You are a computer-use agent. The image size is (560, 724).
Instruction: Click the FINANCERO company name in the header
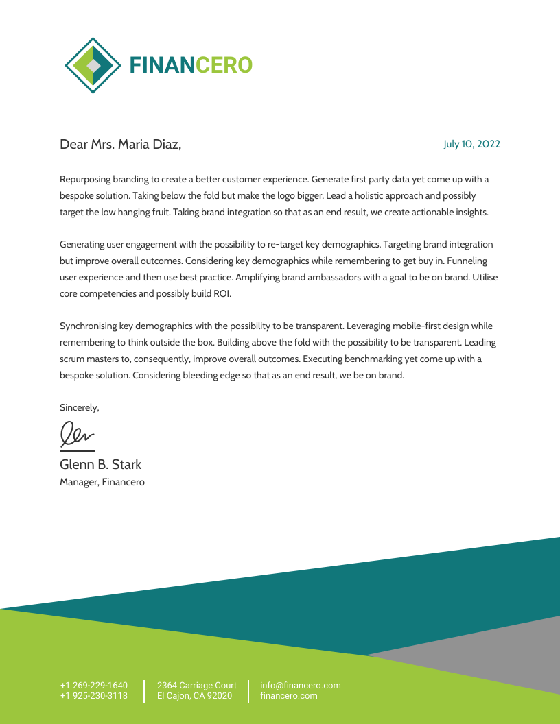[x=191, y=65]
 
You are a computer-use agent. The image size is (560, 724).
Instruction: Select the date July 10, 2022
[x=471, y=144]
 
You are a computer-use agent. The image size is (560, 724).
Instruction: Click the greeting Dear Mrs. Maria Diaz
[x=120, y=144]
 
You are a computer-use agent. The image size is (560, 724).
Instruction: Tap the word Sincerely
[x=79, y=407]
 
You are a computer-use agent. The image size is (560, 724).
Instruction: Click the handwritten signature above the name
[x=76, y=434]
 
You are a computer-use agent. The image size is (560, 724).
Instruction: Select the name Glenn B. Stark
[x=100, y=465]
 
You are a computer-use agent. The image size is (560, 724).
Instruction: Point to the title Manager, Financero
[x=102, y=482]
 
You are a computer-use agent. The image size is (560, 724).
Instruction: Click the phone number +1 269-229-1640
[x=93, y=685]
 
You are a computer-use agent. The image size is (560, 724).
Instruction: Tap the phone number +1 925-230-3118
[x=93, y=696]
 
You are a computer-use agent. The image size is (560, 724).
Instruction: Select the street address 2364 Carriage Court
[x=196, y=685]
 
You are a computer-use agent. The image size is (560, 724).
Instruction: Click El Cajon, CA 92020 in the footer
[x=194, y=696]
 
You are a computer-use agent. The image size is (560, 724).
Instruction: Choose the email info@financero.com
[x=300, y=685]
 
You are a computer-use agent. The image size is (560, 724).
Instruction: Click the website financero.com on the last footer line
[x=288, y=696]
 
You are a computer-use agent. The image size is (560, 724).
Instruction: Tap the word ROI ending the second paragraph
[x=221, y=293]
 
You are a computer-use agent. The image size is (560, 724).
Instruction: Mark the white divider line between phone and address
[x=144, y=691]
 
